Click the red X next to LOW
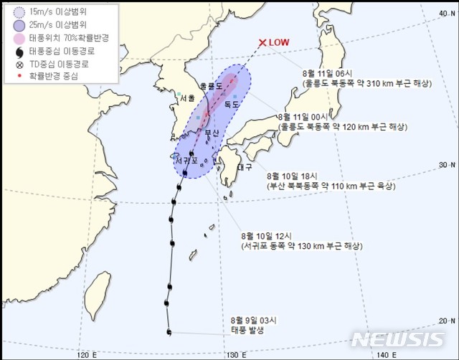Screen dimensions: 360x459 [263, 42]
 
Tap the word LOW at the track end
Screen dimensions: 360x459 [280, 42]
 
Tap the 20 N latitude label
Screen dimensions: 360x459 [445, 321]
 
